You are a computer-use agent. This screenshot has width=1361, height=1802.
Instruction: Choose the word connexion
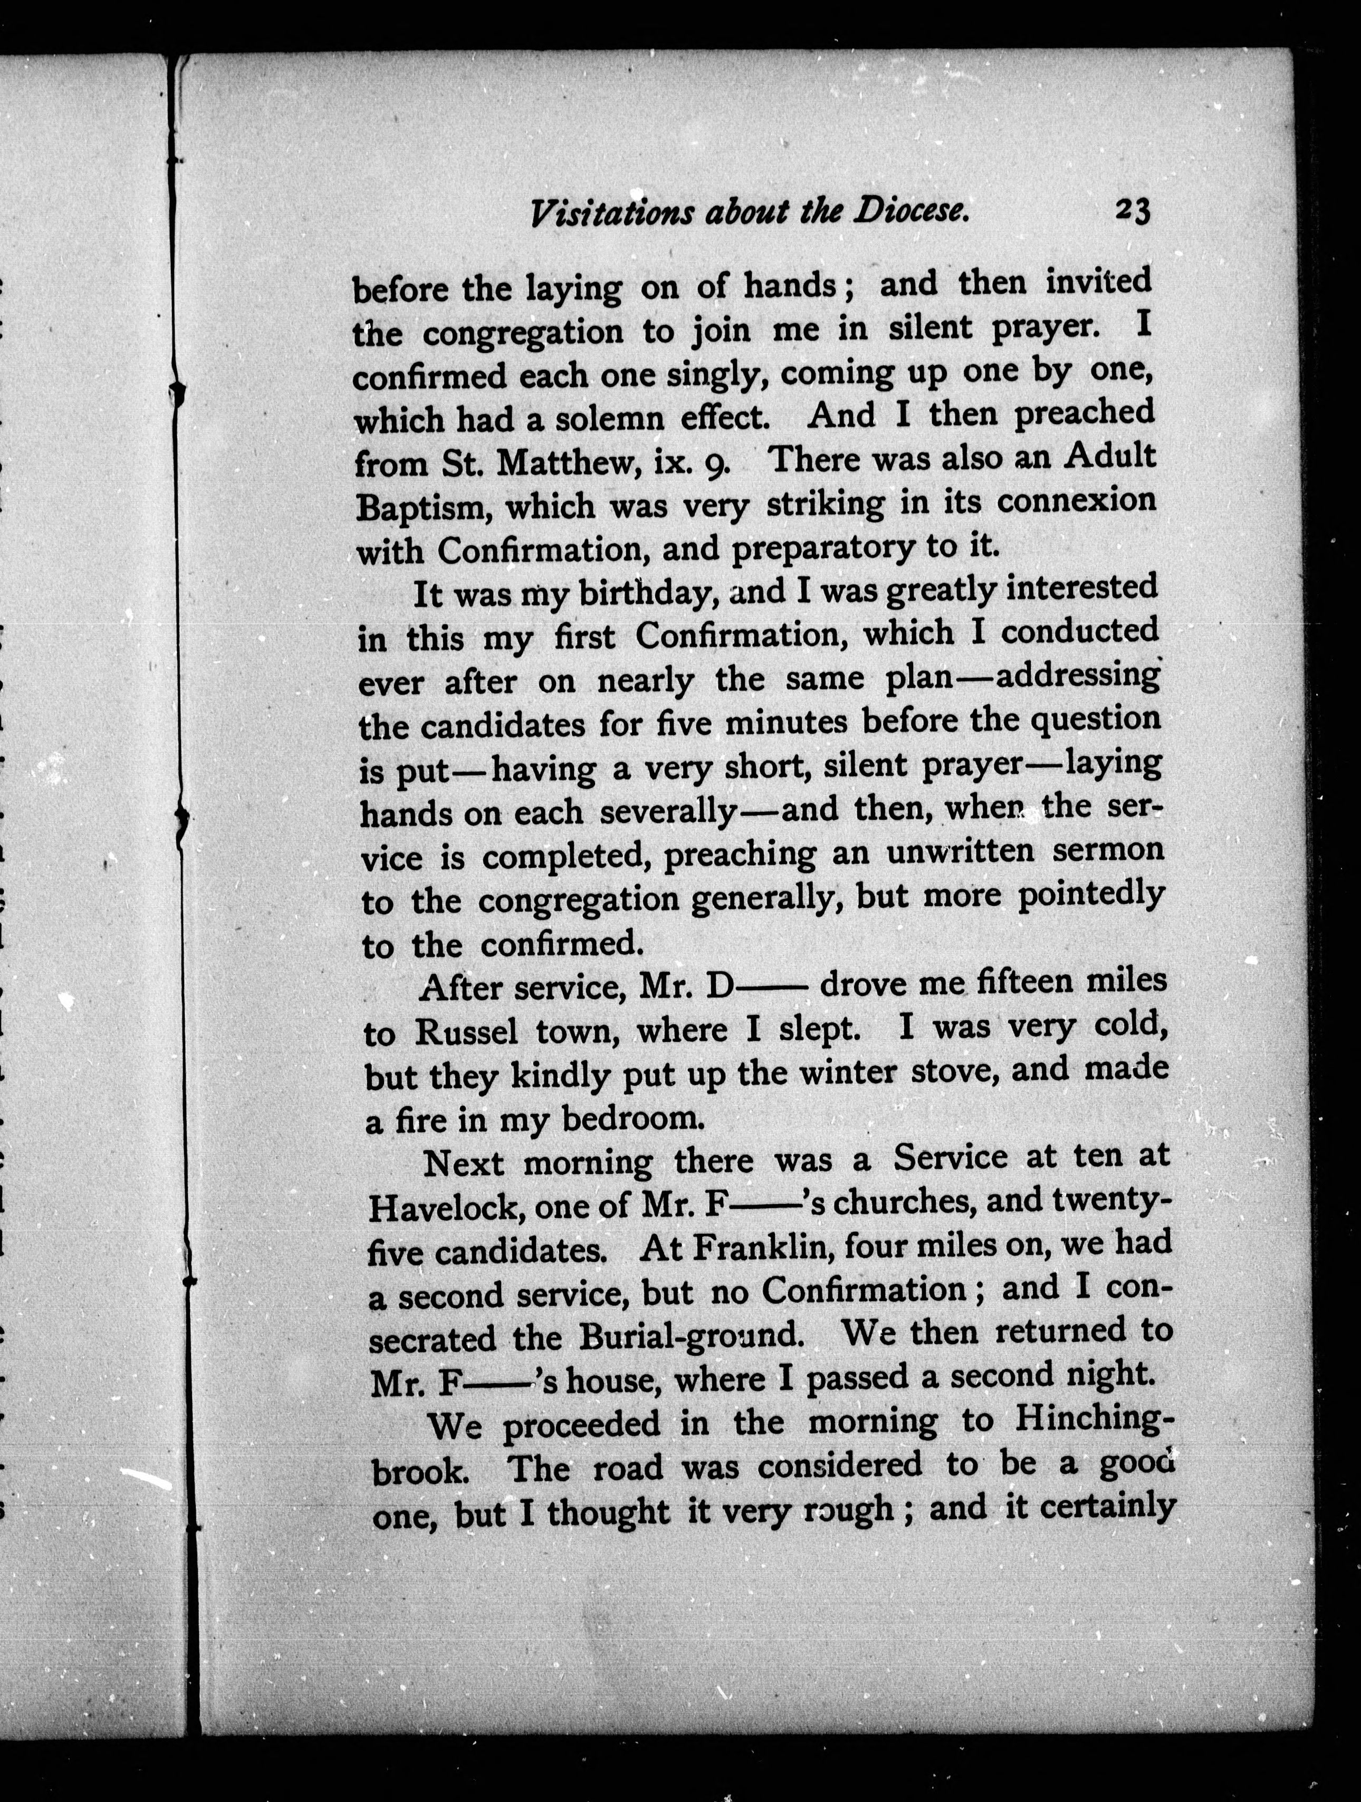[1076, 500]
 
